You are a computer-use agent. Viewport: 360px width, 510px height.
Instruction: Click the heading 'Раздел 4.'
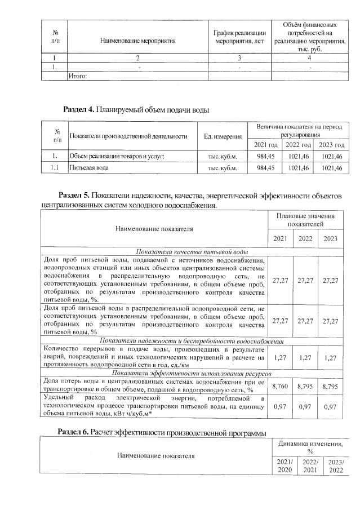pyautogui.click(x=80, y=108)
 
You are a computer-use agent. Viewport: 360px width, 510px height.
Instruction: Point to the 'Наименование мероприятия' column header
pyautogui.click(x=137, y=41)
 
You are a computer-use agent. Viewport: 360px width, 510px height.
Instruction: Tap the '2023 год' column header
pyautogui.click(x=330, y=145)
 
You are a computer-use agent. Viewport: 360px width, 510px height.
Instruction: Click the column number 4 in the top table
pyautogui.click(x=309, y=57)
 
